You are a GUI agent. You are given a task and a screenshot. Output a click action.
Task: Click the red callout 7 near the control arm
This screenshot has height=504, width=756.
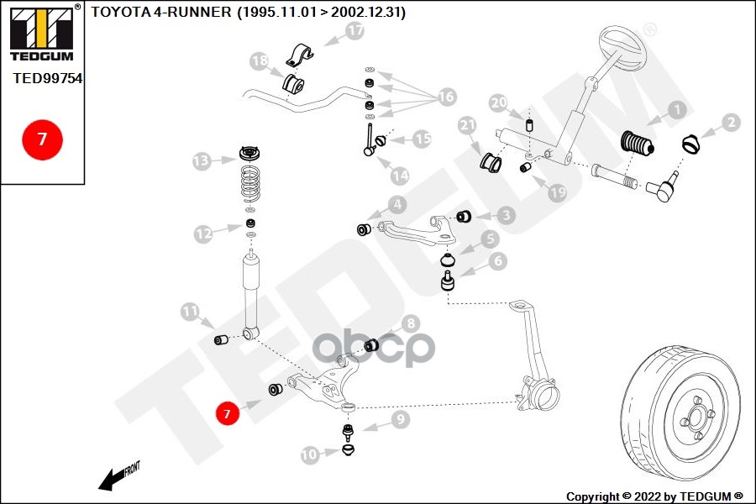tap(225, 412)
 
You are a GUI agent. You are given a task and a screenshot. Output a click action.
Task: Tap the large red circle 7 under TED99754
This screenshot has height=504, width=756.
tap(42, 139)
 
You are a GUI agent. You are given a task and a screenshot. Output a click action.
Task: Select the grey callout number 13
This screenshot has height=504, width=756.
tap(202, 160)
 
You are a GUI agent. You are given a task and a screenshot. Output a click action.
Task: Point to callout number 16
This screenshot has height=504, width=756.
tap(445, 97)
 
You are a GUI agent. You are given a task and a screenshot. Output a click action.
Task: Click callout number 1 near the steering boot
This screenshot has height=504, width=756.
tap(677, 110)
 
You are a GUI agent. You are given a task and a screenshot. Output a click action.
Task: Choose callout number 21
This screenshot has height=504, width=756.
tap(468, 126)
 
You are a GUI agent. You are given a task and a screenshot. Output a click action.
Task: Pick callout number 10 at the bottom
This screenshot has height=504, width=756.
tap(310, 454)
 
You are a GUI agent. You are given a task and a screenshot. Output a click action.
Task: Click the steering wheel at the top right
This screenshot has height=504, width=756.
tap(623, 52)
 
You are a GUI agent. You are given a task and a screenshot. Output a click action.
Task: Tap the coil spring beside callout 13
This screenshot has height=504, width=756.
tap(250, 186)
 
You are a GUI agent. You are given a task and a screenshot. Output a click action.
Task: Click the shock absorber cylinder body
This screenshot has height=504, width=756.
tap(250, 290)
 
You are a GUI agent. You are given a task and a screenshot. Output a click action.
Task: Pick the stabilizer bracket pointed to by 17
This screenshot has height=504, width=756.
tap(299, 55)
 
